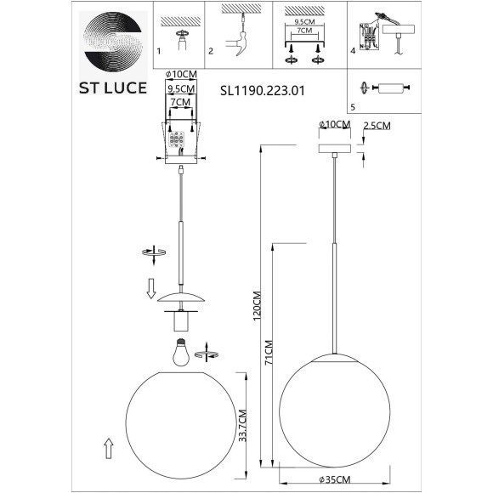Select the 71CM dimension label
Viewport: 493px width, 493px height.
coord(268,350)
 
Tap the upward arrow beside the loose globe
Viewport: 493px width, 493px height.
coord(108,447)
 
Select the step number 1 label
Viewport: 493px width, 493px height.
coord(159,52)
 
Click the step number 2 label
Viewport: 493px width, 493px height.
coord(210,52)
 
